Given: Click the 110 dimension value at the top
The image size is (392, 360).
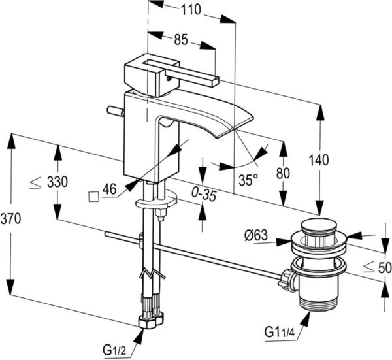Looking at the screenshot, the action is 191,10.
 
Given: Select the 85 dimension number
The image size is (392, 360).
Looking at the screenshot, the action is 181,39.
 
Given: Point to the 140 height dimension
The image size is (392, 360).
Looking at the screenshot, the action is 319,160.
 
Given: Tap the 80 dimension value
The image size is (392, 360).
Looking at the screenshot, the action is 283,173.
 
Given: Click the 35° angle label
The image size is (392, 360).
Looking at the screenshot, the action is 248,180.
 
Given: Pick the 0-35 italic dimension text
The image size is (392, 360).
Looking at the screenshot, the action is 204,195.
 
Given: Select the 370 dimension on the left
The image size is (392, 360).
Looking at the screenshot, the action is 10,219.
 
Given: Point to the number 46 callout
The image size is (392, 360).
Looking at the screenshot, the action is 110,189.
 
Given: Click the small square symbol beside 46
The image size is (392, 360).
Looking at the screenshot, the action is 93,197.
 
